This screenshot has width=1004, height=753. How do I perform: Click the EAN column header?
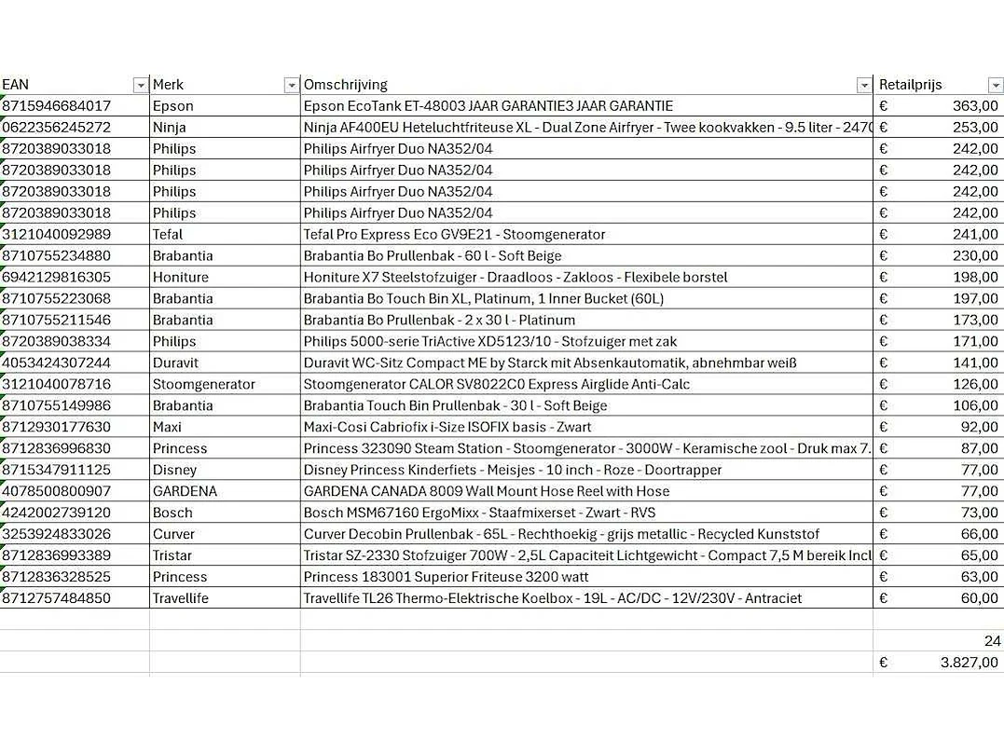[x=16, y=85]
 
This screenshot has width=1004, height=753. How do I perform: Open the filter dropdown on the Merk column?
[x=291, y=86]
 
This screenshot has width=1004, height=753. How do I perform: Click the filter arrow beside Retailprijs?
[x=994, y=86]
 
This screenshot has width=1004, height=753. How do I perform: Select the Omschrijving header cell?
[x=346, y=85]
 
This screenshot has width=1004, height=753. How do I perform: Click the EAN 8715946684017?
[x=57, y=106]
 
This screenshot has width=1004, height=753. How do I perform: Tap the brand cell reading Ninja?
[x=170, y=128]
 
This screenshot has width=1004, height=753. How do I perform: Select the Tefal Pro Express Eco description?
[x=454, y=235]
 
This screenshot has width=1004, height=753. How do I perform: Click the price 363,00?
[x=975, y=106]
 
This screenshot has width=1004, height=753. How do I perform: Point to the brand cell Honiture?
[x=181, y=278]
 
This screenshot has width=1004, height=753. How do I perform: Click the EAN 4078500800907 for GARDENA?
[x=57, y=492]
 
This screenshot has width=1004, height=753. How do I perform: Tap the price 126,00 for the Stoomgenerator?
[x=975, y=385]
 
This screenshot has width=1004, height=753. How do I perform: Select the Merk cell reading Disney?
[x=174, y=471]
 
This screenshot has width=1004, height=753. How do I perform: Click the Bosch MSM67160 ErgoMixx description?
[x=479, y=513]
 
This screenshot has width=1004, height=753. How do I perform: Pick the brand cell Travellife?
[x=181, y=599]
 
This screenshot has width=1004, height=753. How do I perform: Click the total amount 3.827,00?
[x=970, y=663]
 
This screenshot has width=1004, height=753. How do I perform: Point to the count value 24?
[x=992, y=641]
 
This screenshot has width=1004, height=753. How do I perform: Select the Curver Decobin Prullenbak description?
[x=561, y=535]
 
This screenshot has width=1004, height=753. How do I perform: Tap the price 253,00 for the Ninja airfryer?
[x=975, y=128]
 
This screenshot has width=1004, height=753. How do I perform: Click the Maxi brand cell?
[x=168, y=428]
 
